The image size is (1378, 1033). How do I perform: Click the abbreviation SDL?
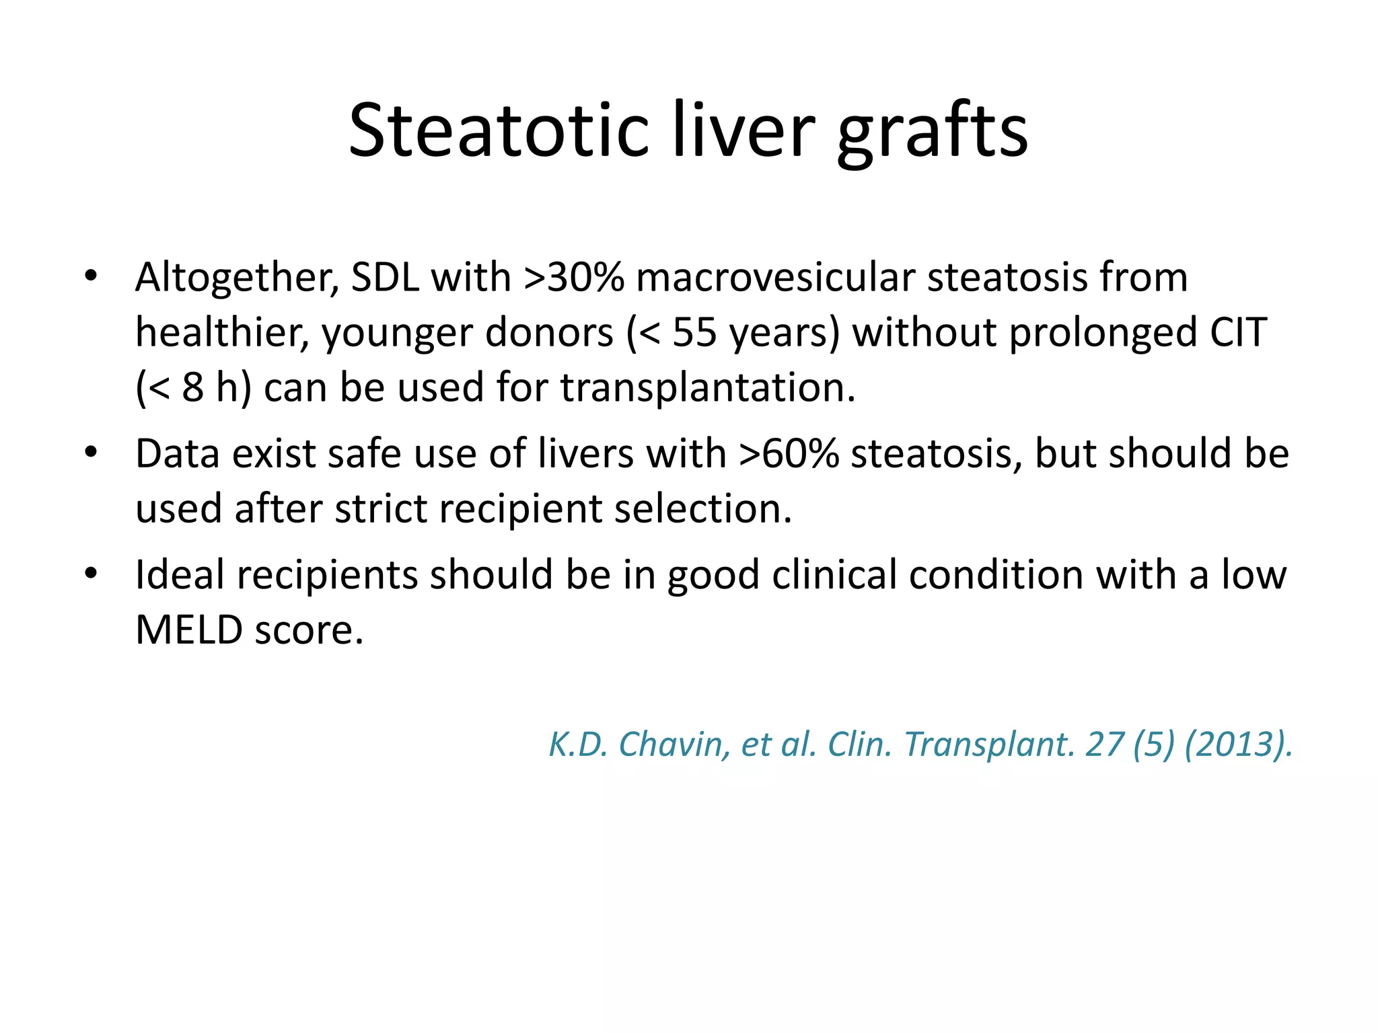tap(386, 278)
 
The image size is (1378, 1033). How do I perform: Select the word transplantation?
tap(708, 388)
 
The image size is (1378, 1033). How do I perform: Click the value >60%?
tap(789, 454)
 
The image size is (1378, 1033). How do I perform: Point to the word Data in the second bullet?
tap(178, 454)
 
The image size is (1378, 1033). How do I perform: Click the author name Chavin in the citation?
tap(674, 744)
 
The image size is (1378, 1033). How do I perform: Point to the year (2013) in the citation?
tap(1238, 744)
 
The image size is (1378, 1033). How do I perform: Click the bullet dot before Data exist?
tap(92, 453)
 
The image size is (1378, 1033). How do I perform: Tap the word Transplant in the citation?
tap(989, 744)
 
